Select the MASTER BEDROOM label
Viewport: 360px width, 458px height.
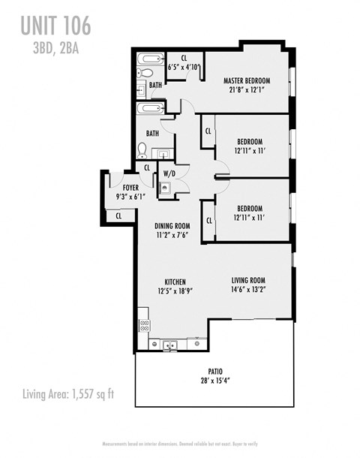[x=247, y=80]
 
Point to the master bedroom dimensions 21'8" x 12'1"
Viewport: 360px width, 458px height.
[x=247, y=91]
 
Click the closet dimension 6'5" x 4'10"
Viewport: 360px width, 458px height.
[x=184, y=66]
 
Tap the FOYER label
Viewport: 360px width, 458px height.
[x=120, y=187]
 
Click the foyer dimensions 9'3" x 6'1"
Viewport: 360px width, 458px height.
[x=120, y=197]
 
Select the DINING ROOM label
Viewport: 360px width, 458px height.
[x=172, y=225]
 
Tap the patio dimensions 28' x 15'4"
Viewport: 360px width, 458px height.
[x=215, y=381]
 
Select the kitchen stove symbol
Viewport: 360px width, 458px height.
[x=144, y=326]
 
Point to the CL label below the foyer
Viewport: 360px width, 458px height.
[x=119, y=216]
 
